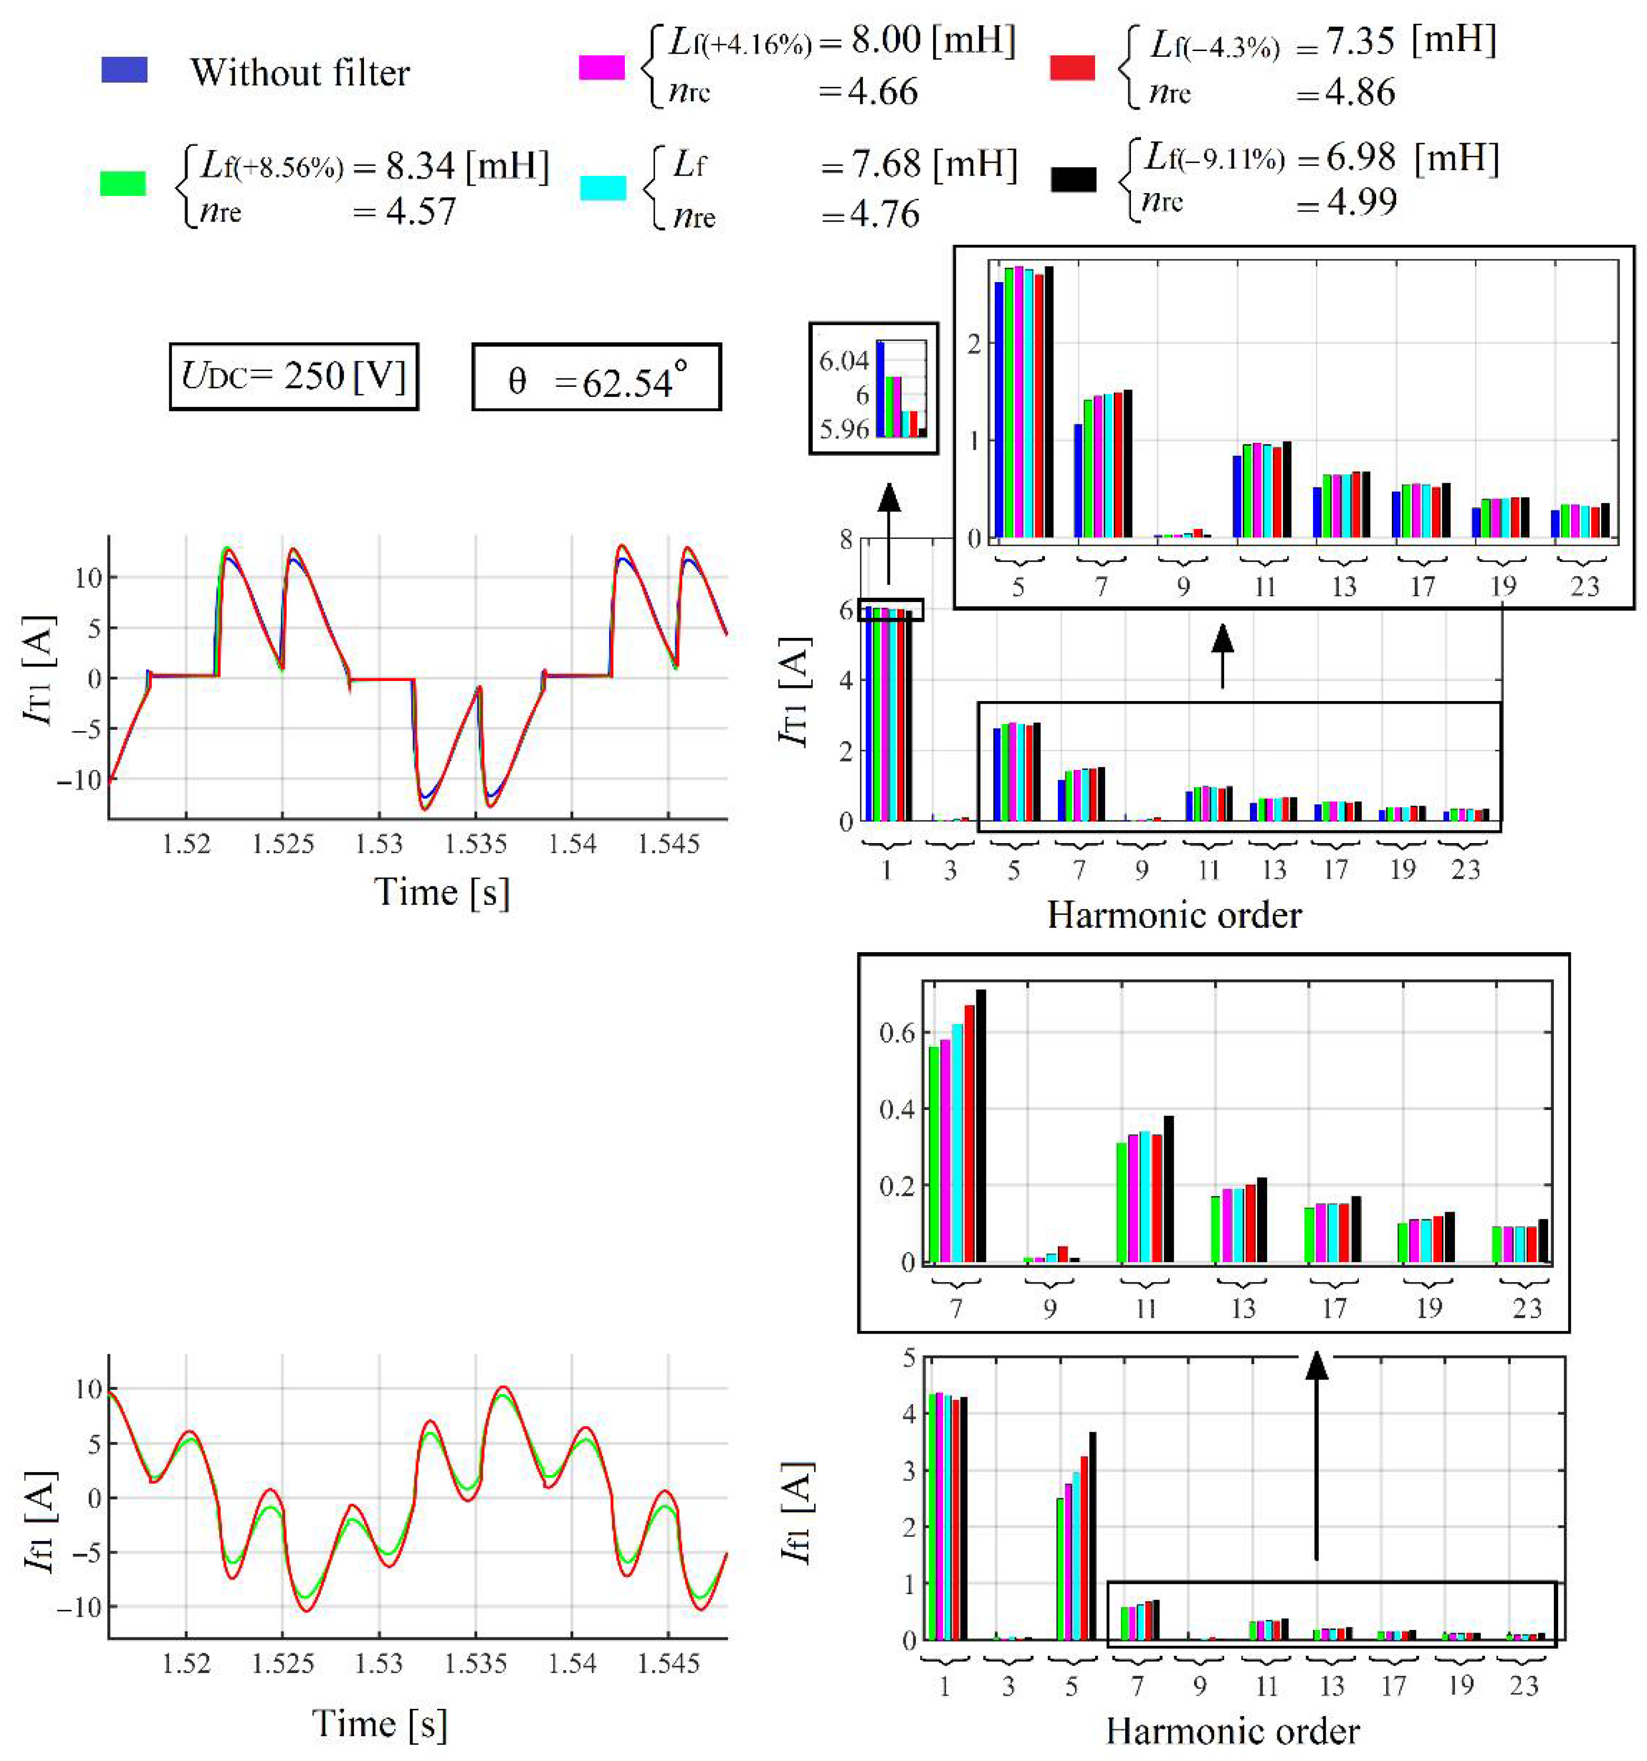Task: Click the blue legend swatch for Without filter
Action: pyautogui.click(x=124, y=70)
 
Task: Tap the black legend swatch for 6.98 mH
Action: pyautogui.click(x=1073, y=180)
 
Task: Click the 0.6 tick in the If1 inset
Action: pyautogui.click(x=896, y=1033)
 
